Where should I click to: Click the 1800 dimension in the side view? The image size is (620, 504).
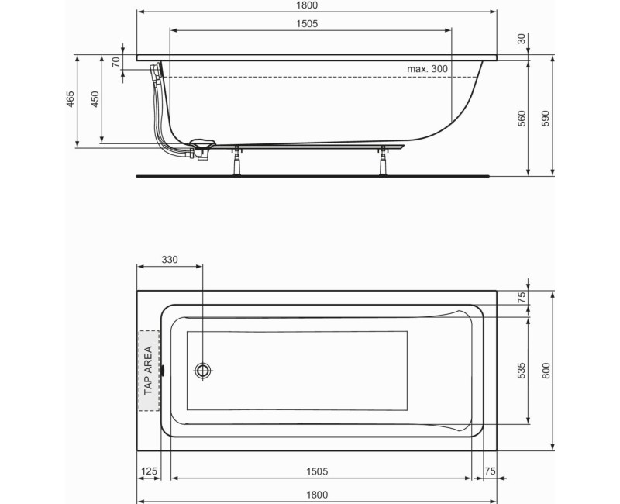pos(317,5)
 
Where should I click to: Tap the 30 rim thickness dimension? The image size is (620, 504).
pos(521,39)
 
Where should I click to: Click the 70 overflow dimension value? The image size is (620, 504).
pos(116,62)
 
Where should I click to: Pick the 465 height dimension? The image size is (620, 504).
pos(70,101)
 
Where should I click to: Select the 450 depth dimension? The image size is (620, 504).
pos(95,101)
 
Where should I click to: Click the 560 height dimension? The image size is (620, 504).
pos(522,119)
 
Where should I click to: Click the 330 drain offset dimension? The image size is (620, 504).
pos(169,260)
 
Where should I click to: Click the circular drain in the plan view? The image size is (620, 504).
pos(203,370)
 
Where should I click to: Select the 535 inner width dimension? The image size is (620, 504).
pos(522,371)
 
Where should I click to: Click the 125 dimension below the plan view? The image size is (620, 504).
pos(150,471)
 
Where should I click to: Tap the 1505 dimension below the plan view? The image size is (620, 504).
pos(318,471)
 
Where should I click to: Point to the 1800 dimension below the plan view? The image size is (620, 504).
pos(318,494)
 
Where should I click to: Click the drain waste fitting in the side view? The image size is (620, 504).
pos(200,147)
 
